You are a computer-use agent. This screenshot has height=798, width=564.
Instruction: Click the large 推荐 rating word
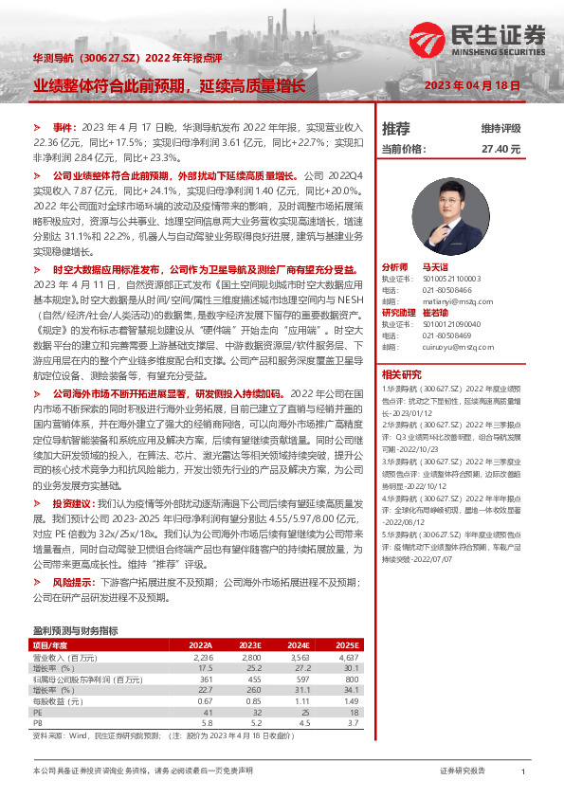(396, 128)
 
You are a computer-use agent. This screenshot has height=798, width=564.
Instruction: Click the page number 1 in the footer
(523, 772)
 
